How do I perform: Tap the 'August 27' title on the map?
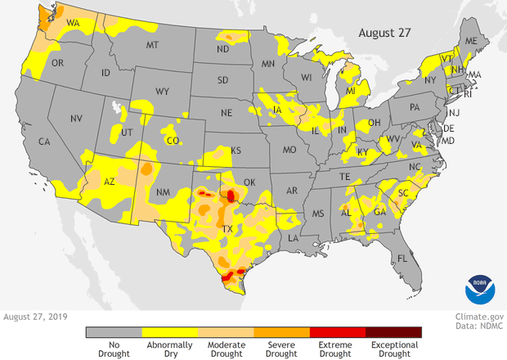[385, 32]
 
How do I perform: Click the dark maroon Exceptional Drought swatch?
[394, 332]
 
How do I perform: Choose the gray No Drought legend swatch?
[114, 332]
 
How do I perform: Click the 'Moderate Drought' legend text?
[227, 349]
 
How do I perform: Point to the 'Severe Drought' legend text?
[282, 349]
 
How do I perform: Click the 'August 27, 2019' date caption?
[36, 316]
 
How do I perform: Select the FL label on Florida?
[402, 259]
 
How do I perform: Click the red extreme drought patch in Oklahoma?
[231, 195]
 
